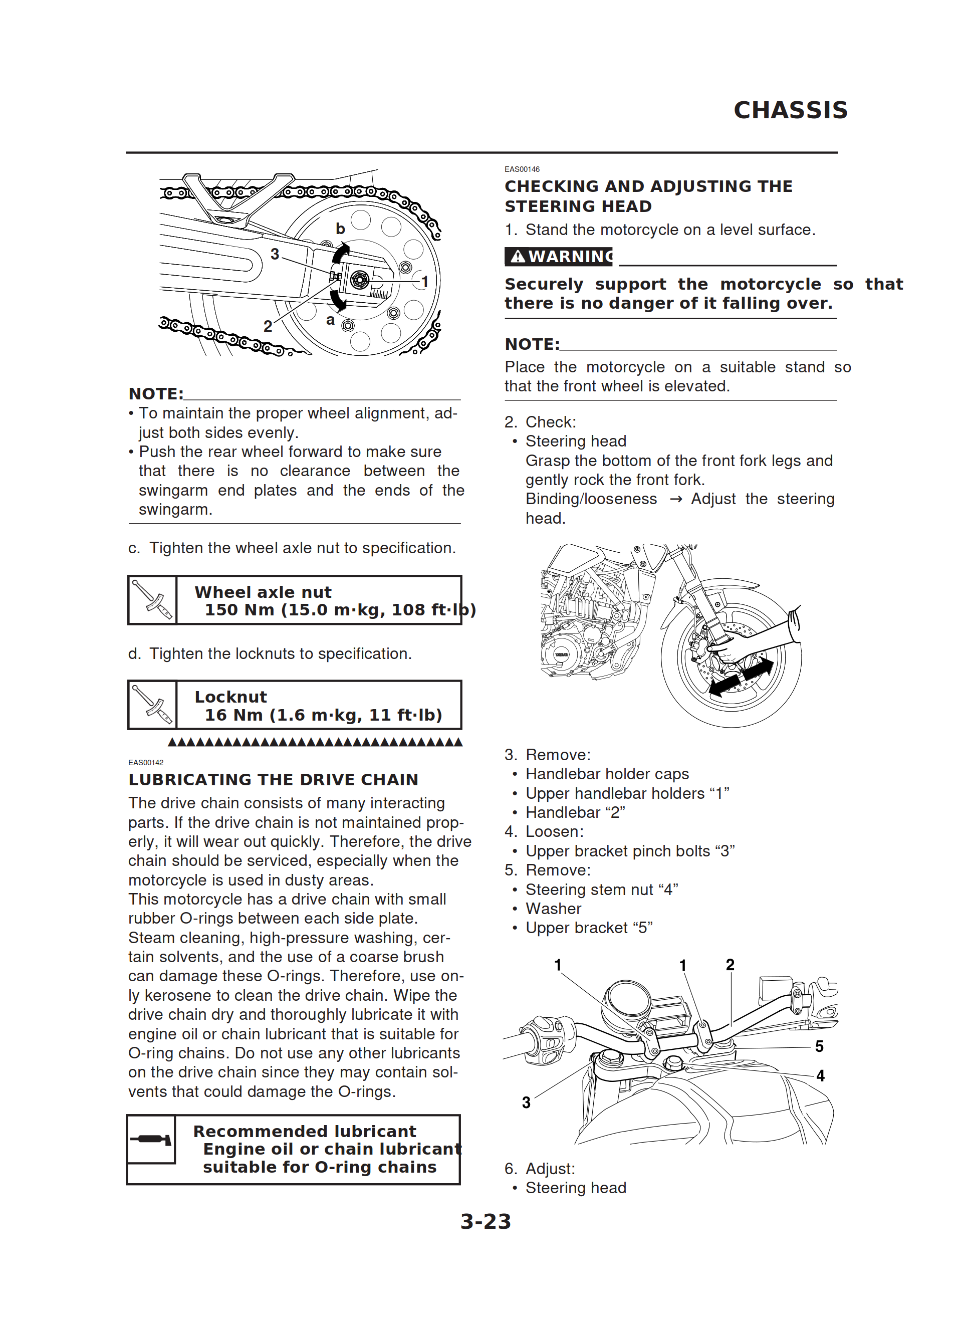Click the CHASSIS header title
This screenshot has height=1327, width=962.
[x=790, y=110]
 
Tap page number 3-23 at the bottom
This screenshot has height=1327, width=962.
[x=485, y=1221]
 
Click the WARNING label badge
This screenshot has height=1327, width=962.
[x=558, y=256]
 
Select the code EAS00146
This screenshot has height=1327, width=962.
[x=522, y=169]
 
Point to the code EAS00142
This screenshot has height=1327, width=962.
[x=146, y=762]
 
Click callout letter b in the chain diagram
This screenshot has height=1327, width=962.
[x=340, y=229]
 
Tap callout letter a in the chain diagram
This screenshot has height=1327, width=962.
[x=331, y=320]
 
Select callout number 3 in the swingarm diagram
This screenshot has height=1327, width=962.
[x=275, y=254]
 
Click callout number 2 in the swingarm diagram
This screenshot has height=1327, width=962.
[x=268, y=326]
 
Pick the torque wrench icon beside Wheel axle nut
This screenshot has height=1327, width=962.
[x=152, y=600]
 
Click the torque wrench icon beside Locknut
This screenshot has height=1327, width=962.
[x=152, y=705]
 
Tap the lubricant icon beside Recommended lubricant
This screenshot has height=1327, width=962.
[x=151, y=1139]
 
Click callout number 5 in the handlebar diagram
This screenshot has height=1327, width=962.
[x=819, y=1046]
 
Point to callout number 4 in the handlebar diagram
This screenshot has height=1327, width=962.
[x=820, y=1075]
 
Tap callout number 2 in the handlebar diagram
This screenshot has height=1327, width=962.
[x=730, y=965]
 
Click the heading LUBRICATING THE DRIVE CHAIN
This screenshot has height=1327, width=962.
[x=273, y=779]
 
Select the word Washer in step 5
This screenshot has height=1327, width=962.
[x=553, y=909]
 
